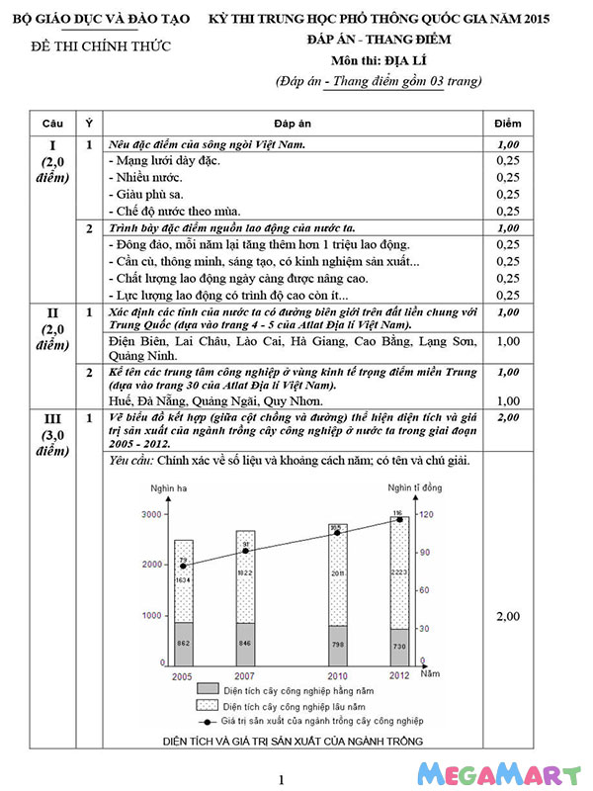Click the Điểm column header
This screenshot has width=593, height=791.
pyautogui.click(x=507, y=123)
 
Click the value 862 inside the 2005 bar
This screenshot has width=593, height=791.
pyautogui.click(x=183, y=643)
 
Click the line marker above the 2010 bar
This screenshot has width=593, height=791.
pyautogui.click(x=337, y=533)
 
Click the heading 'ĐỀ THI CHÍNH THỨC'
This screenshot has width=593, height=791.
pyautogui.click(x=101, y=46)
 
